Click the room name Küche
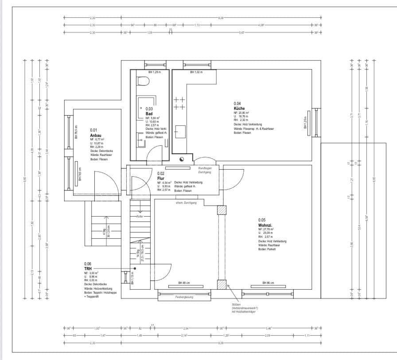pos(239,108)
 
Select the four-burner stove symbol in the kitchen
pos(179,104)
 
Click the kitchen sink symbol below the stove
pos(179,132)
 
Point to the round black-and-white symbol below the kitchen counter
pos(182,159)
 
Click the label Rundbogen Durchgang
pos(204,170)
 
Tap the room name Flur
pos(161,178)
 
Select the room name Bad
pos(149,114)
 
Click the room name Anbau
pos(96,135)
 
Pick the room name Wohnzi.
pos(265,225)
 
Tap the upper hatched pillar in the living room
pos(222,210)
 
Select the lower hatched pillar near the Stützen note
pos(222,284)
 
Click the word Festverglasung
pos(184,297)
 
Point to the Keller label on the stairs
pos(140,217)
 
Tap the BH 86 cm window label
pos(269,283)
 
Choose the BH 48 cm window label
pos(184,283)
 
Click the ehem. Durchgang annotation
pos(186,202)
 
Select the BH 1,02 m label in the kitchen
pos(196,72)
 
